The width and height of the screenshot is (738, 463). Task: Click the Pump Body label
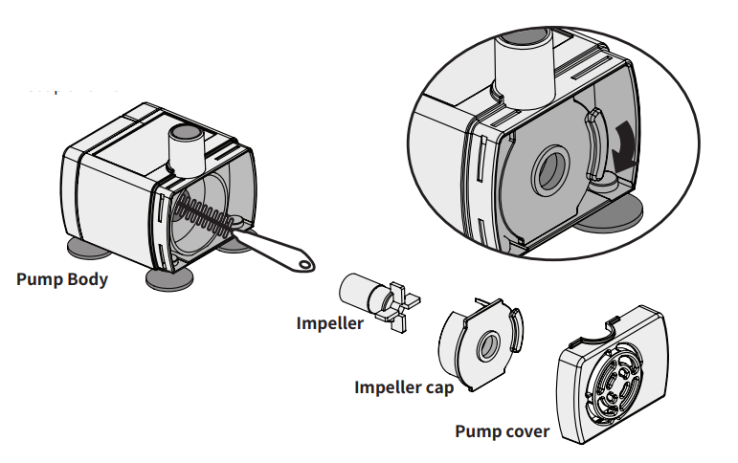(62, 280)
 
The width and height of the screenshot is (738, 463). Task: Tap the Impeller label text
(329, 323)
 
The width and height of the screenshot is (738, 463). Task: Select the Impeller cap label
(403, 387)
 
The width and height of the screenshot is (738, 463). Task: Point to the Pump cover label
(502, 430)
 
